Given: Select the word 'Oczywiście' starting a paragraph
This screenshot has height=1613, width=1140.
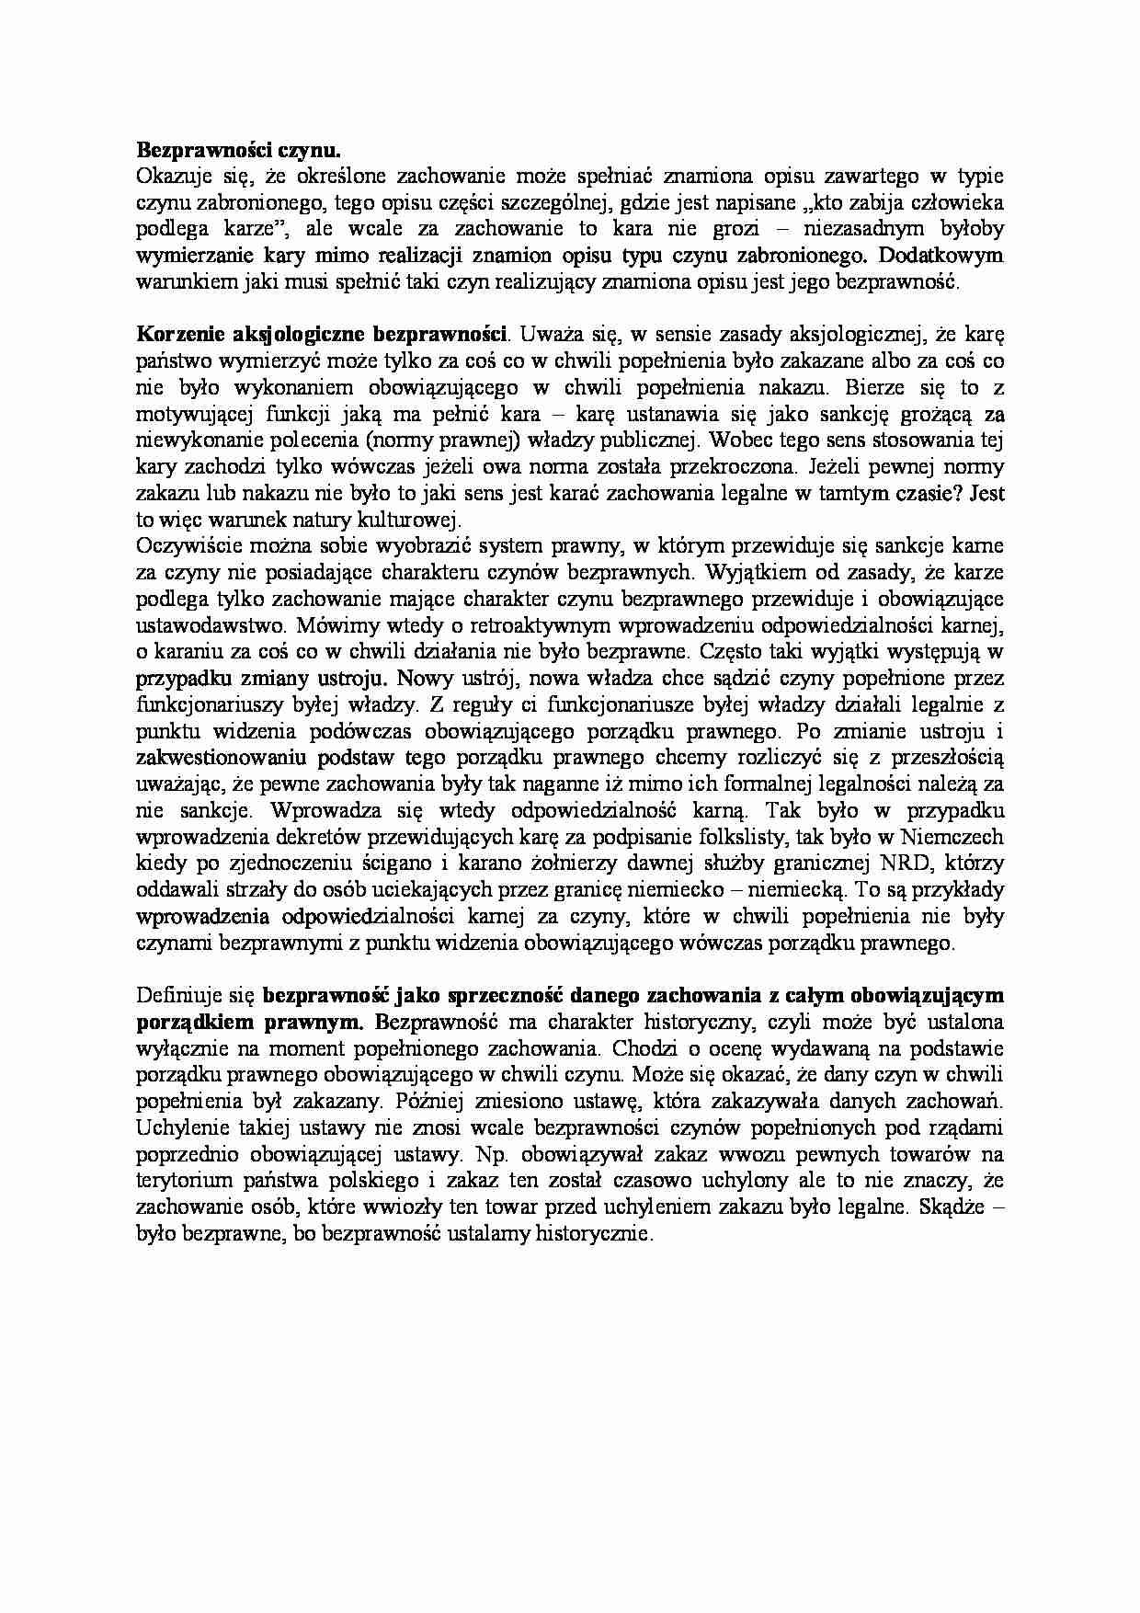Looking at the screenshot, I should [177, 545].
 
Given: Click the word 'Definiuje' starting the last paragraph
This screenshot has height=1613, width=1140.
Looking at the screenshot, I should [172, 995].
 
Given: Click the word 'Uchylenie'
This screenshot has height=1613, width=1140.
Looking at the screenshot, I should [176, 1127].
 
